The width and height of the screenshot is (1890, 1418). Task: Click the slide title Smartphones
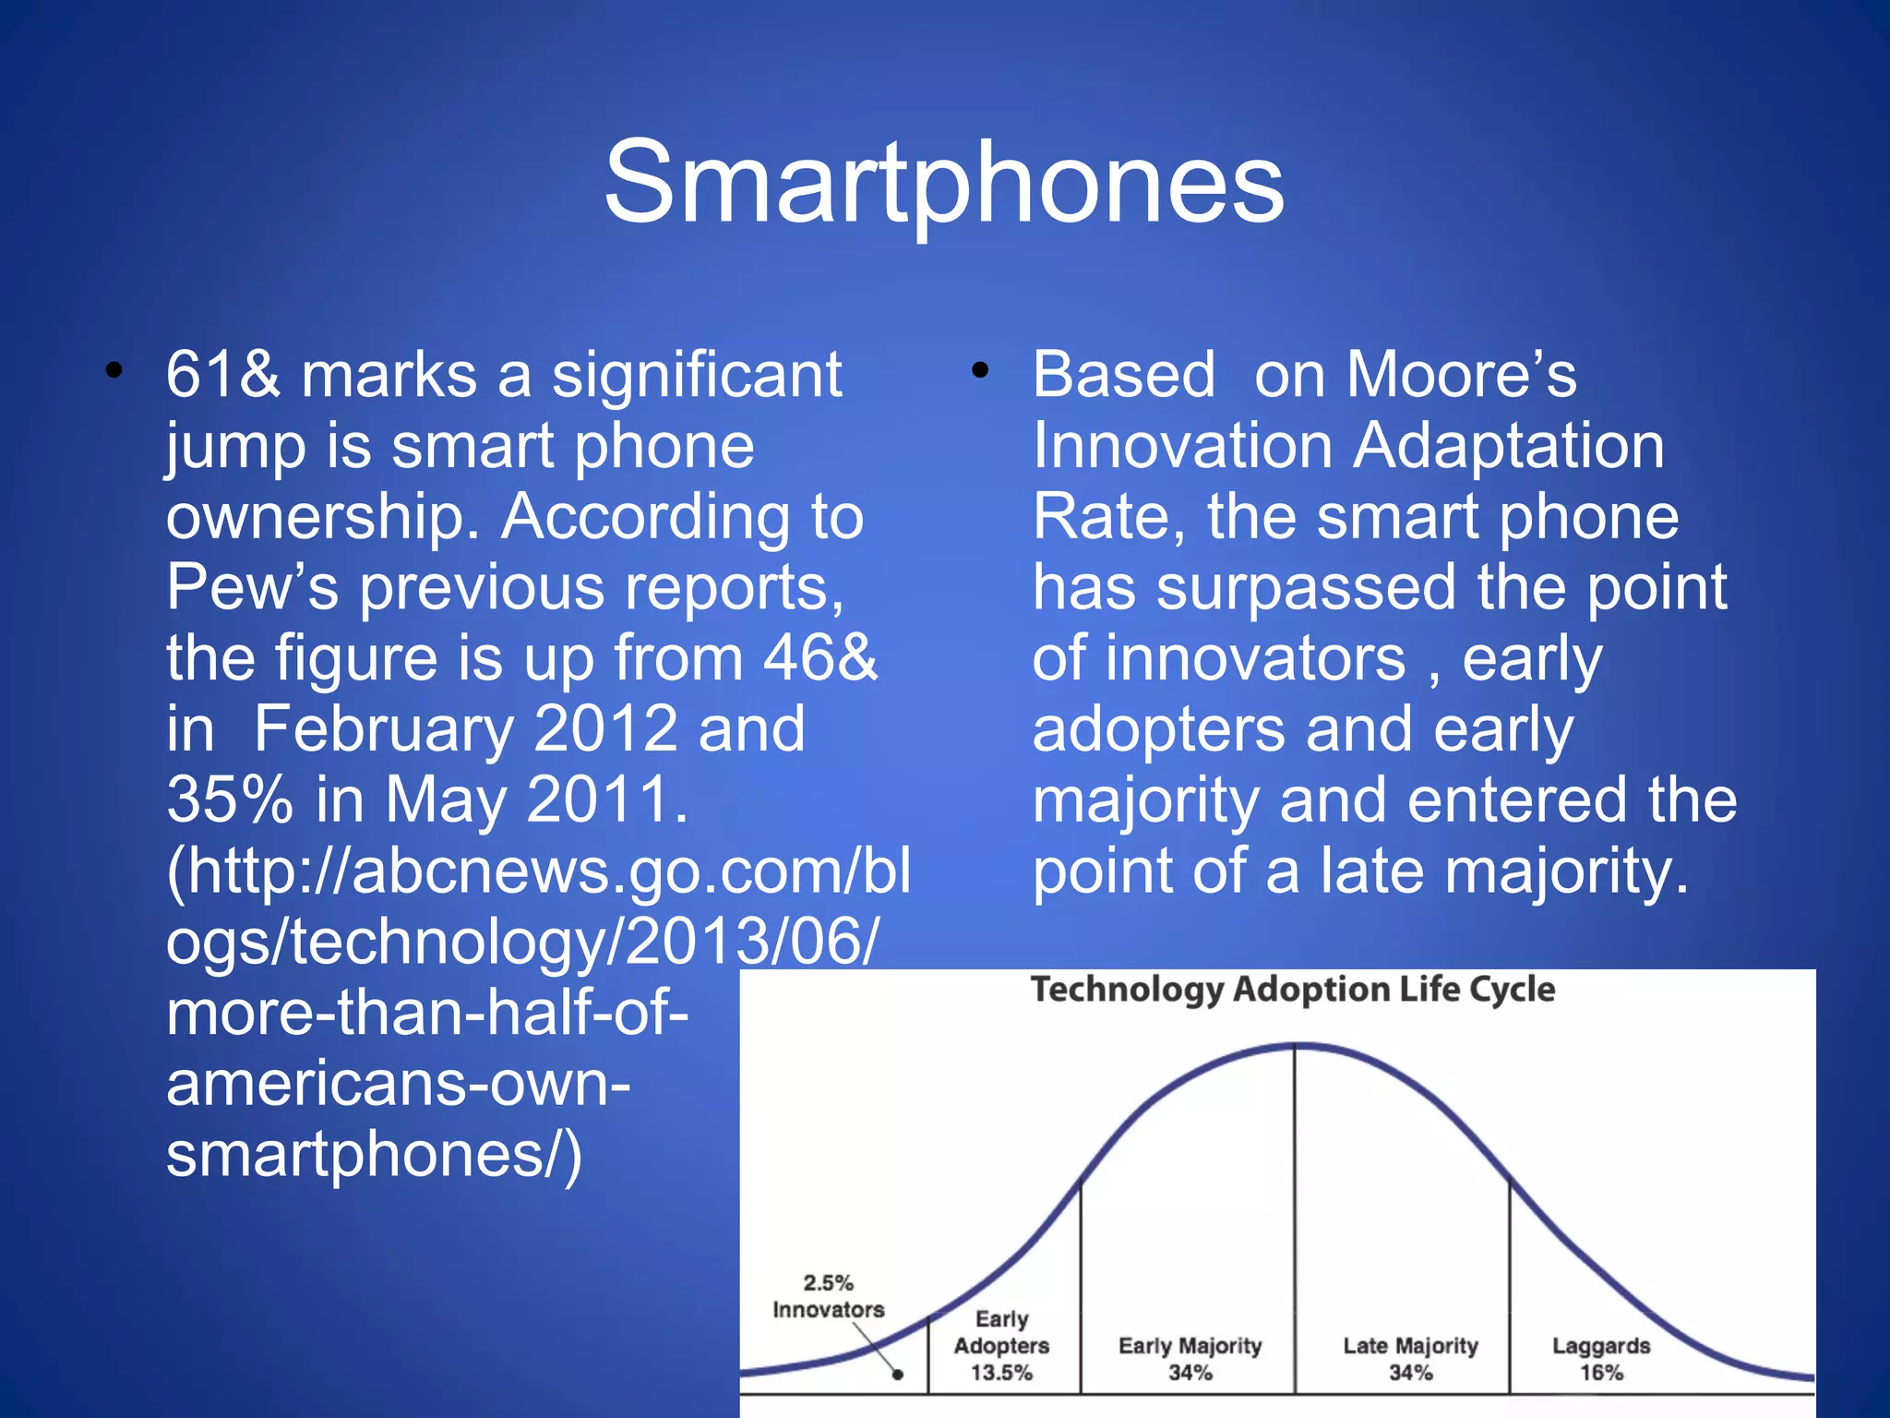943,182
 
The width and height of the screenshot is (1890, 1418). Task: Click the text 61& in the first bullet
222,376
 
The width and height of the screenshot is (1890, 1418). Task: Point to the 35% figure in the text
230,799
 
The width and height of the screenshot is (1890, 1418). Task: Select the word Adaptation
1509,447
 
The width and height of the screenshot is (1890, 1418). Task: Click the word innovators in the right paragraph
1256,658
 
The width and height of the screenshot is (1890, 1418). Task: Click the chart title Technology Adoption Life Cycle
1292,990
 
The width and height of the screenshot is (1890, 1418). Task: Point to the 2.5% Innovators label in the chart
828,1296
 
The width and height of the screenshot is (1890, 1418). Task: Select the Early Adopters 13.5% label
1001,1346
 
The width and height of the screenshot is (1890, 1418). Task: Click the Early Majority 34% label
1190,1359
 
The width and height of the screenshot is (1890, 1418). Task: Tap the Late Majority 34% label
1410,1359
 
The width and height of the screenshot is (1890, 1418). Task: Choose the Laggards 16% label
1600,1359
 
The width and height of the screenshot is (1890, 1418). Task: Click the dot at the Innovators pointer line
897,1375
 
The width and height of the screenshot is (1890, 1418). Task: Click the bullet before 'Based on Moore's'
979,371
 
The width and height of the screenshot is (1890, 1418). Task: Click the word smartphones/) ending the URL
374,1155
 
